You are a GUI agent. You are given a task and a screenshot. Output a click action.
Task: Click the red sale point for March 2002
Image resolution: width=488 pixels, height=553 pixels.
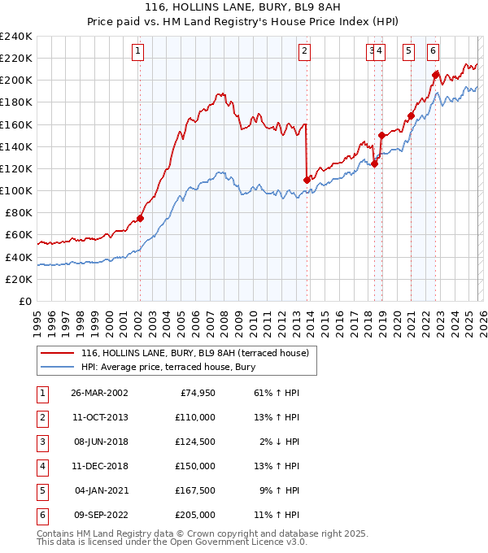tap(140, 218)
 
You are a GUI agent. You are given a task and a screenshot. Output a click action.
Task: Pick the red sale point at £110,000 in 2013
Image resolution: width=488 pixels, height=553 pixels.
tap(307, 179)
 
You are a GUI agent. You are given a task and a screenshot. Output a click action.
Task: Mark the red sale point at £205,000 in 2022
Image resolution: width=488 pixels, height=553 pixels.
tap(436, 75)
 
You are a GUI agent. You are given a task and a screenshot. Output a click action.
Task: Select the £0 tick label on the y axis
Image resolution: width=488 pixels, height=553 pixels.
tap(24, 301)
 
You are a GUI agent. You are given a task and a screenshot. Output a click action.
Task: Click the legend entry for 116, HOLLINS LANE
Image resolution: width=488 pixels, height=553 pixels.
tap(194, 353)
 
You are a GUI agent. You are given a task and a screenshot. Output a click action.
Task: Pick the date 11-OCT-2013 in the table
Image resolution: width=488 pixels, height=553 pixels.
tap(100, 417)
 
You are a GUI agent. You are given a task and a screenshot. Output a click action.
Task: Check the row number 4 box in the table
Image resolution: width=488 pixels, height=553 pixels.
tap(41, 466)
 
